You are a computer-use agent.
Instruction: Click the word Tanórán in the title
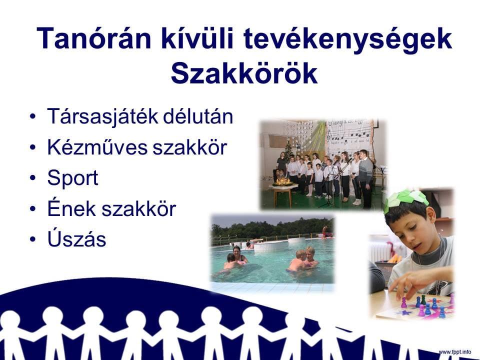(x=93, y=38)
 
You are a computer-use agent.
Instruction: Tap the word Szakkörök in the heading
(x=244, y=73)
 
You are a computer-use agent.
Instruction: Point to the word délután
(x=198, y=116)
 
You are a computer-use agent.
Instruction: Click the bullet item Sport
(x=72, y=178)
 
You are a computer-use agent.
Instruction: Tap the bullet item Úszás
(x=76, y=237)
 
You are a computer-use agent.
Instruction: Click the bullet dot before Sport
(x=33, y=178)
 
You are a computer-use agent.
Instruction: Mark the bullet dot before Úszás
(x=33, y=239)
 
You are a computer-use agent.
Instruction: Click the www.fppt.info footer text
(x=455, y=351)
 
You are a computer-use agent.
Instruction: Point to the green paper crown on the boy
(x=405, y=199)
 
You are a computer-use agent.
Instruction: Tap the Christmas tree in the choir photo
(x=288, y=153)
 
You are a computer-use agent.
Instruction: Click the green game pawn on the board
(x=423, y=299)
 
